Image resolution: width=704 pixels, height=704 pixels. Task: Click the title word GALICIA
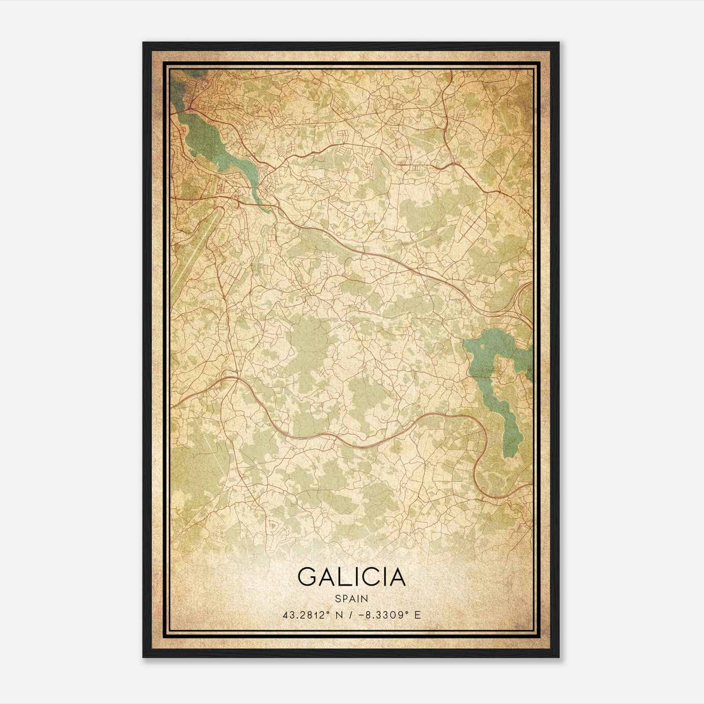(352, 576)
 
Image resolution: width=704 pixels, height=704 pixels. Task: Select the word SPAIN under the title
(352, 598)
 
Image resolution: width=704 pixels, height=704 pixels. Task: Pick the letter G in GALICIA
(308, 576)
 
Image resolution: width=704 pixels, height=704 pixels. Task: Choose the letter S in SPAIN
(337, 598)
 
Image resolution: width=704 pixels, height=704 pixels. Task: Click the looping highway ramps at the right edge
(524, 299)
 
